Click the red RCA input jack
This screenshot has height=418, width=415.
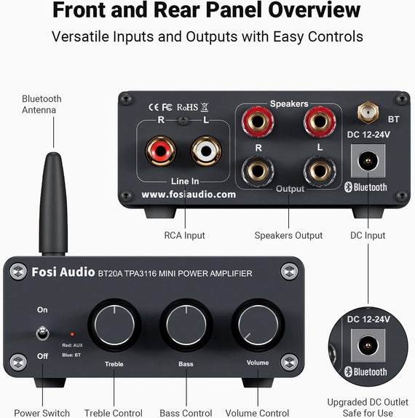click(159, 151)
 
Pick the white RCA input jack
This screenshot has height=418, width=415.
click(206, 151)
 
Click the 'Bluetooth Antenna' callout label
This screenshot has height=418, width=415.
click(41, 104)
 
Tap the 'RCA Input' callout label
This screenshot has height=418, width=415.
click(184, 235)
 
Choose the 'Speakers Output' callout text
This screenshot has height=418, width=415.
click(288, 235)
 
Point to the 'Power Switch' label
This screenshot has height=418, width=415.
click(41, 413)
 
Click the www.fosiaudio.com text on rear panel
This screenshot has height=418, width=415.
click(189, 194)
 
